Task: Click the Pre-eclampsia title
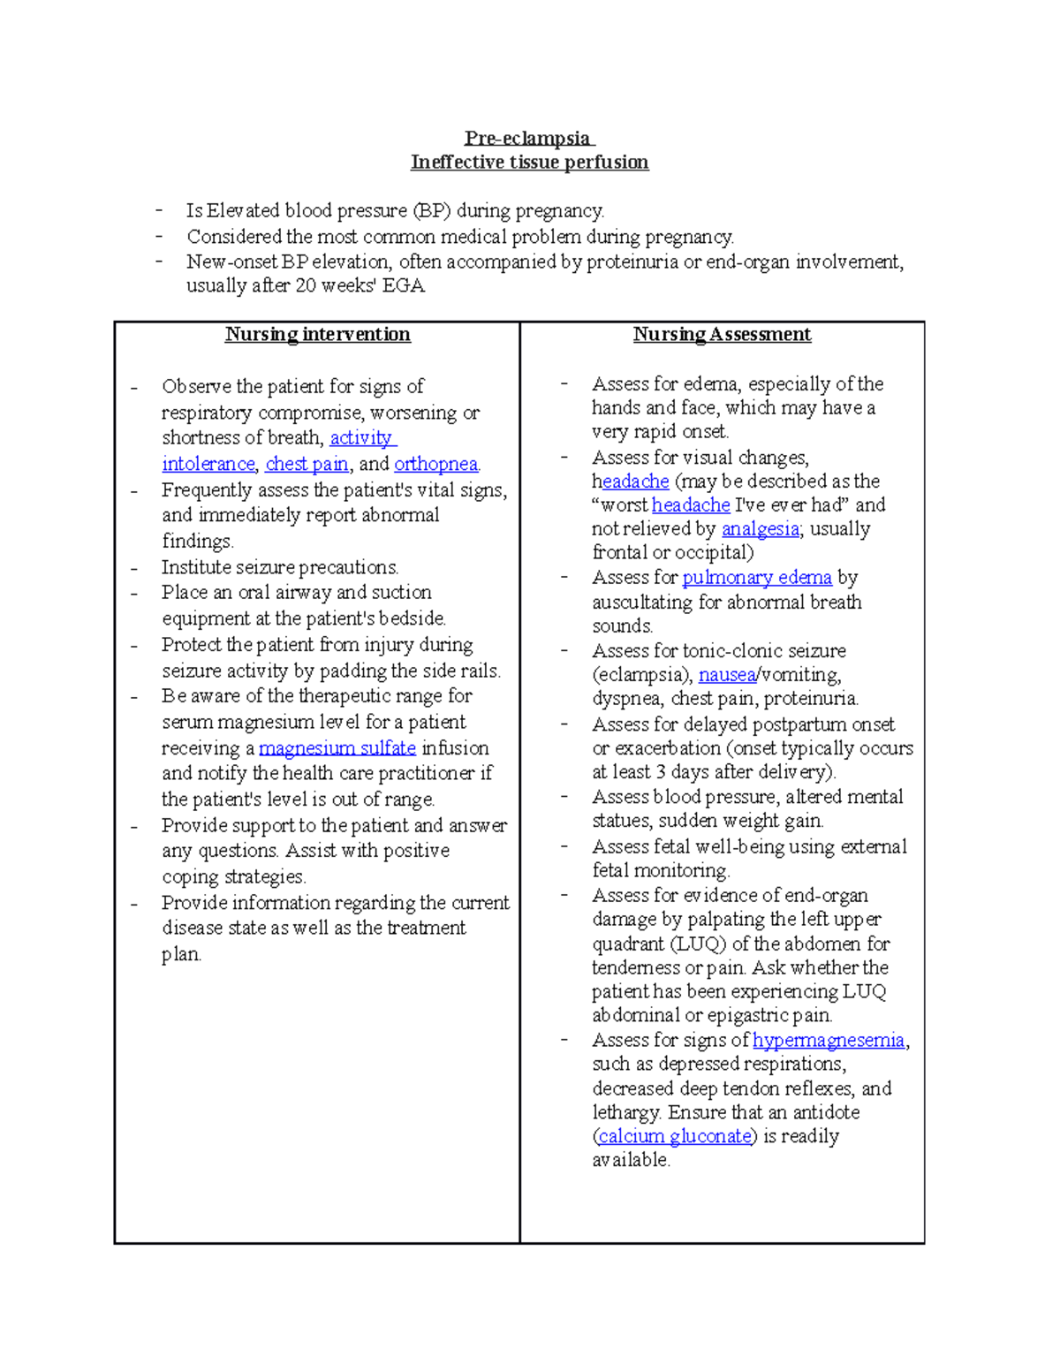pyautogui.click(x=528, y=138)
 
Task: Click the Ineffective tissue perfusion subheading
pyautogui.click(x=529, y=162)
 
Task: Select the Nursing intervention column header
pyautogui.click(x=317, y=334)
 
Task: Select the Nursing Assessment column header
pyautogui.click(x=722, y=334)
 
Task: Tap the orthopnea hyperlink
pyautogui.click(x=435, y=464)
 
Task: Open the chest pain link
pyautogui.click(x=307, y=464)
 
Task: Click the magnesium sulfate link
pyautogui.click(x=337, y=748)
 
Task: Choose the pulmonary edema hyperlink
pyautogui.click(x=757, y=578)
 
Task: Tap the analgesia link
pyautogui.click(x=761, y=529)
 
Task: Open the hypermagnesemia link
pyautogui.click(x=828, y=1041)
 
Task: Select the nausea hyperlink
pyautogui.click(x=726, y=675)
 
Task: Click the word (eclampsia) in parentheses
pyautogui.click(x=642, y=675)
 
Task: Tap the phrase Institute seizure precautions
pyautogui.click(x=280, y=567)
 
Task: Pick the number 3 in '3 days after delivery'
pyautogui.click(x=661, y=772)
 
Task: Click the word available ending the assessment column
pyautogui.click(x=631, y=1160)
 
